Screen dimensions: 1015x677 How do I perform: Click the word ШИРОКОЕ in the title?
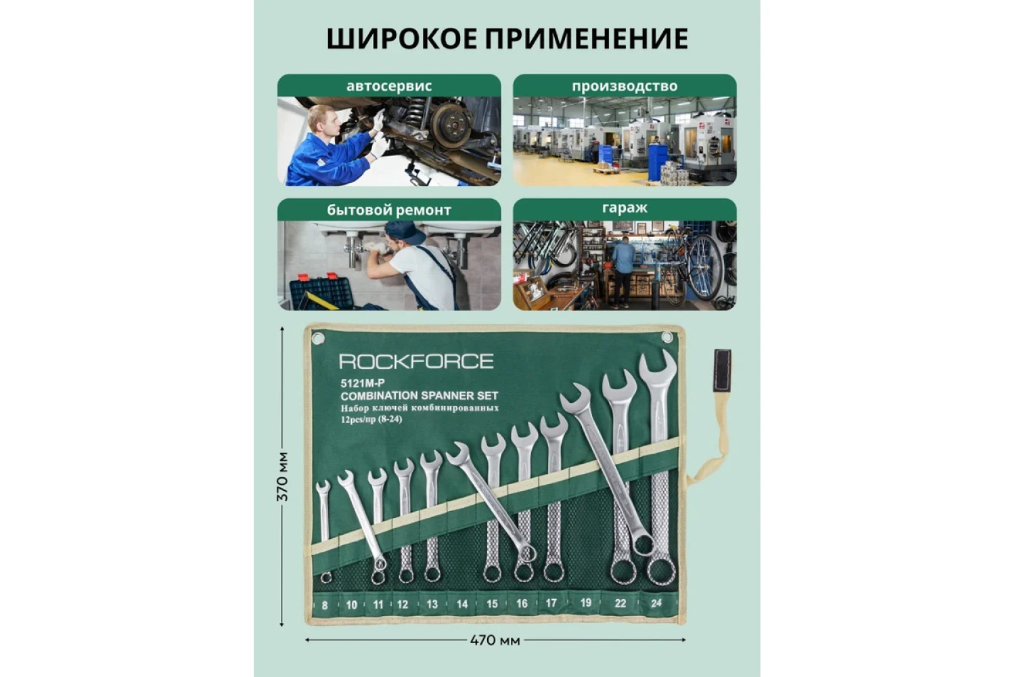(402, 39)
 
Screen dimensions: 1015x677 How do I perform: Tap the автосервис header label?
(389, 86)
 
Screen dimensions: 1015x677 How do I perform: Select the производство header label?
(625, 86)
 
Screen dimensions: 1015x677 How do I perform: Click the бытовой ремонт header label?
(389, 210)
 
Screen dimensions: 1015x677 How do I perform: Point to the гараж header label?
(625, 208)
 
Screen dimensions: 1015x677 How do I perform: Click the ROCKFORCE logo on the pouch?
(416, 362)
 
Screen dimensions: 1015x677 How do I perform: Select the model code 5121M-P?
(363, 384)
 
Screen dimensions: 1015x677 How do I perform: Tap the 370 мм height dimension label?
(282, 476)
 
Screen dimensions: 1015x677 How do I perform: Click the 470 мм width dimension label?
(495, 640)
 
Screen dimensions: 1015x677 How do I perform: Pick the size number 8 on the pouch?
(324, 605)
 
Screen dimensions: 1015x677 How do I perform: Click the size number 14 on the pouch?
(461, 604)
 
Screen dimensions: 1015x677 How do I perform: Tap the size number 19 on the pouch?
(585, 603)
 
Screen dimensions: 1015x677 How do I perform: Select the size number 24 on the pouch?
(656, 603)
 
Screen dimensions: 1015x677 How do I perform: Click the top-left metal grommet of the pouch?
(318, 338)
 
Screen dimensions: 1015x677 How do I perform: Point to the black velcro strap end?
(722, 370)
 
